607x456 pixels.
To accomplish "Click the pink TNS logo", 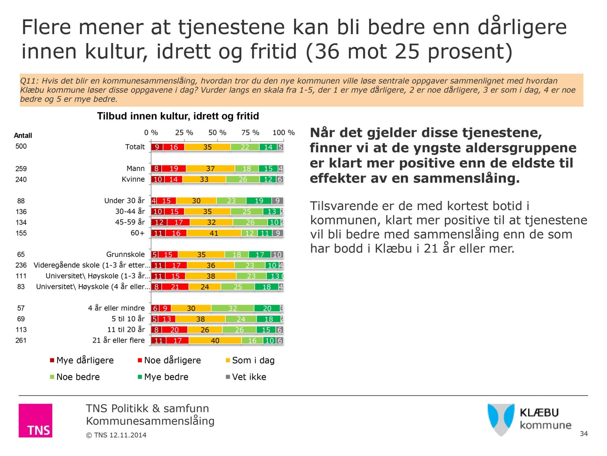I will coord(36,420).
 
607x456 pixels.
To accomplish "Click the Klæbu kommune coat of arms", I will coord(501,420).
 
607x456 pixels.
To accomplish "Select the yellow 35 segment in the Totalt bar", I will coord(207,147).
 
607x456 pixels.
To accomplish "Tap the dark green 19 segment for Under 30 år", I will coord(259,201).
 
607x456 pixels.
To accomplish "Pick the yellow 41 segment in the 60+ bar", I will coord(214,233).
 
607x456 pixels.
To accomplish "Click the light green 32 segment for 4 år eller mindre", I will coord(233,308).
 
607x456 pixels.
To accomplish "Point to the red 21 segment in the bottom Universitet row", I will coord(175,287).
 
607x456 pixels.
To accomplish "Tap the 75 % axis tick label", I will coord(250,133).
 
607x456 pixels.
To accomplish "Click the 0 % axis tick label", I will coord(151,133).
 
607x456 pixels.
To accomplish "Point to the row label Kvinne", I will coord(133,179).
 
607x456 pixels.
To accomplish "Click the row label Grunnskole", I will coord(125,255).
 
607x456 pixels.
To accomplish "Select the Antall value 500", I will coord(21,146).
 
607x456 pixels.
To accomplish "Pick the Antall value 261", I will coord(21,340).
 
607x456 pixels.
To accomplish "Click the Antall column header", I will coord(23,136).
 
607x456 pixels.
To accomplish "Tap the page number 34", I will coord(584,434).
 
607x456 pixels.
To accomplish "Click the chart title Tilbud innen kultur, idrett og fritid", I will coord(178,116).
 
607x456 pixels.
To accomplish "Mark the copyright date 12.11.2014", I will coord(128,435).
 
